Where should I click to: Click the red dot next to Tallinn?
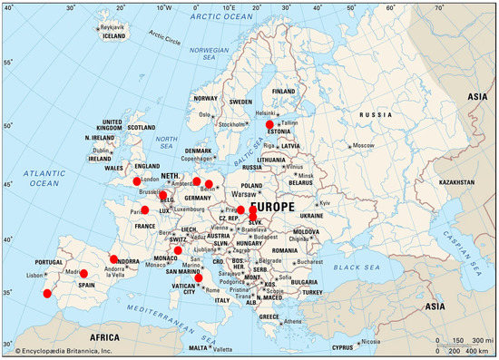(269, 124)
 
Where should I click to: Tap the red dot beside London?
(137, 181)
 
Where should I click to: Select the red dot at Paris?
(144, 210)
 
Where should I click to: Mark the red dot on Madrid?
(83, 273)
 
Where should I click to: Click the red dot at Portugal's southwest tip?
(47, 293)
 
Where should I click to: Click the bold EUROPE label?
(277, 208)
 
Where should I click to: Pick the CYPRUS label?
(341, 345)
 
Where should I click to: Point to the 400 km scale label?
(471, 348)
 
